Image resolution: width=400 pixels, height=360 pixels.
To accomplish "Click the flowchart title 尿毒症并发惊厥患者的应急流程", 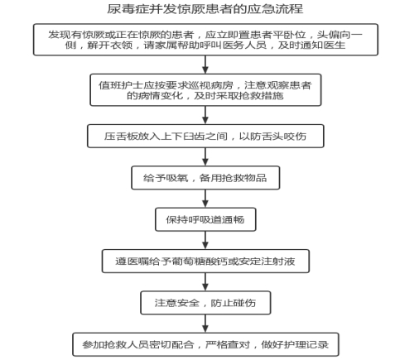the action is click(205, 9).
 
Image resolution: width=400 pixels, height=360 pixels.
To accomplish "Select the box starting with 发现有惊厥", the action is click(205, 40).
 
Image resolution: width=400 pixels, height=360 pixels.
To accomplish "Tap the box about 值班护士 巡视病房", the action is click(205, 90).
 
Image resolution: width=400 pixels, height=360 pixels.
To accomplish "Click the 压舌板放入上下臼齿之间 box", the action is click(205, 136).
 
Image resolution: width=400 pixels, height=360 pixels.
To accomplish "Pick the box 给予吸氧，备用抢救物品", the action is click(205, 178).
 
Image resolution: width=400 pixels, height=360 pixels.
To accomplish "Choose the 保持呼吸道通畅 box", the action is click(205, 219).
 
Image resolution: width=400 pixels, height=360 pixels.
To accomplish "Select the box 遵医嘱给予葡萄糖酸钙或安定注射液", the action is click(205, 262).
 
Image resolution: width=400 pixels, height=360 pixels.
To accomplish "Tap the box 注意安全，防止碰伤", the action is click(205, 303).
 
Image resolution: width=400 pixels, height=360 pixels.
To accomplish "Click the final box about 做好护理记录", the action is click(205, 344).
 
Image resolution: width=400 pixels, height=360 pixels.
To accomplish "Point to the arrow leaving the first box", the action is click(205, 65).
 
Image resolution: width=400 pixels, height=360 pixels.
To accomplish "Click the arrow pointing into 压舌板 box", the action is click(205, 115).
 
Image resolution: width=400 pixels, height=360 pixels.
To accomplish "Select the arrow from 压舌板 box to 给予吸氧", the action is click(205, 156).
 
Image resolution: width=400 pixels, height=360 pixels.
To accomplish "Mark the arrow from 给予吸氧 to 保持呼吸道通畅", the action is click(205, 199).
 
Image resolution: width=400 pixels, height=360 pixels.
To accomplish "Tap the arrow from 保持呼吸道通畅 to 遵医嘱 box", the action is click(205, 240).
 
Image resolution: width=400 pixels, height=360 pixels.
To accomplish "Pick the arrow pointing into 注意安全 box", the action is click(205, 282).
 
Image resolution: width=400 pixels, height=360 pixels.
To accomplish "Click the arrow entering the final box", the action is click(205, 324).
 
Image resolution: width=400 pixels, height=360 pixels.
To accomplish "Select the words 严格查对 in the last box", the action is click(228, 344).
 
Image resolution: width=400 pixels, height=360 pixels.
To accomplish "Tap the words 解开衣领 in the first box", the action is click(110, 45).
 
